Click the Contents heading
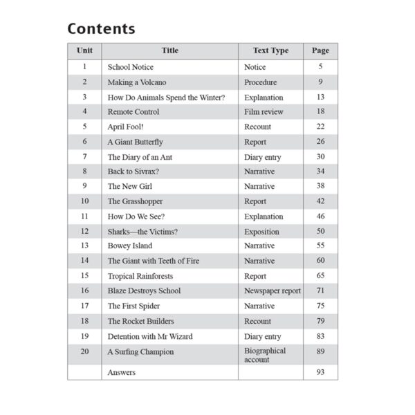(x=101, y=29)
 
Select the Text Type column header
(x=270, y=50)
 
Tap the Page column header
(x=320, y=50)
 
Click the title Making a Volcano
(x=137, y=82)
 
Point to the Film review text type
(x=259, y=112)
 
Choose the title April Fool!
(x=126, y=127)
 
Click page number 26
(x=320, y=142)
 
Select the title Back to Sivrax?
(x=135, y=172)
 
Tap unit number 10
(x=84, y=201)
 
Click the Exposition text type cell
(x=261, y=232)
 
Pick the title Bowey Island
(x=130, y=246)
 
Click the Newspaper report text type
(x=272, y=291)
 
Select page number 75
(x=320, y=306)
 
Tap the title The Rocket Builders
(x=140, y=321)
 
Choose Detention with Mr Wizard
(x=150, y=336)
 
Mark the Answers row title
(x=122, y=372)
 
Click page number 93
(x=320, y=372)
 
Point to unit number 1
(x=84, y=67)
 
